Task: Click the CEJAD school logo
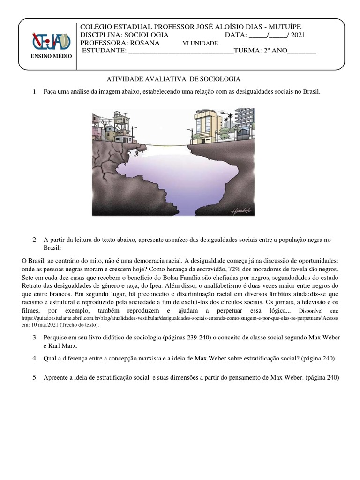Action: [x=51, y=41]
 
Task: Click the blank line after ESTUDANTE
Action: [x=180, y=51]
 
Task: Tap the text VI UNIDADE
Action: [x=200, y=43]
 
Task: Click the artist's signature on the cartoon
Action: [x=240, y=211]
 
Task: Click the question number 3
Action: [x=35, y=337]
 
